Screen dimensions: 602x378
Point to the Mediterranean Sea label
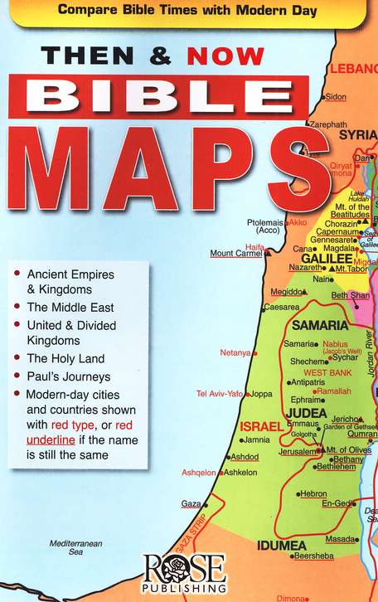[x=75, y=547]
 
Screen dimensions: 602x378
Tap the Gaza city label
[x=190, y=503]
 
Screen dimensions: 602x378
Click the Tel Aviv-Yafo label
[x=219, y=394]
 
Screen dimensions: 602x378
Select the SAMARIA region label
[x=319, y=325]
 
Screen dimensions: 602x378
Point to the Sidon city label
[x=335, y=97]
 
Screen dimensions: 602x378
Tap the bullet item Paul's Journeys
[x=65, y=376]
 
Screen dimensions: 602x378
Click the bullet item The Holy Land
[x=65, y=358]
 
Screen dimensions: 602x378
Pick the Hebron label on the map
[x=313, y=493]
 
